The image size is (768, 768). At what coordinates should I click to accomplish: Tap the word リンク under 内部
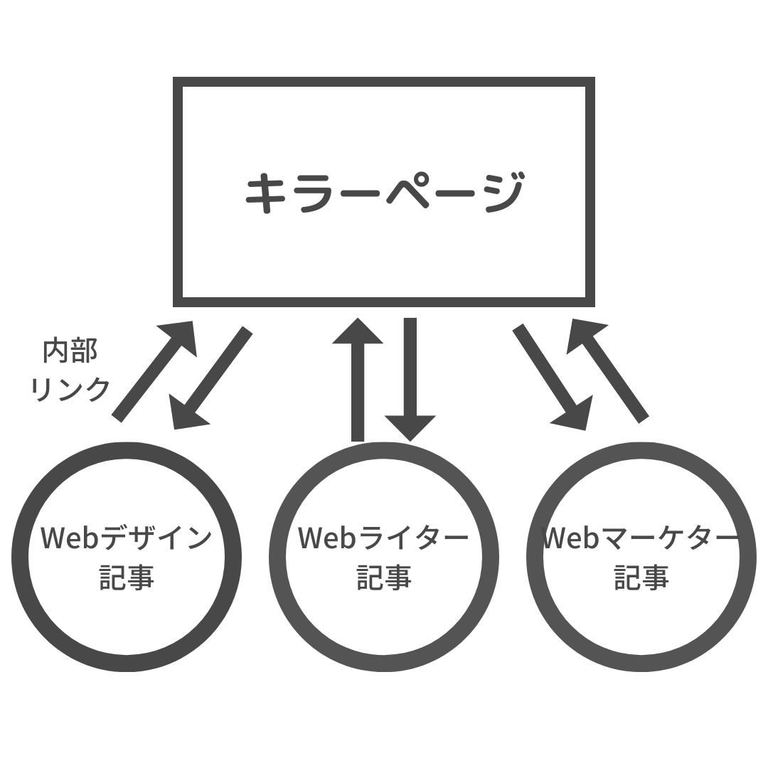click(70, 388)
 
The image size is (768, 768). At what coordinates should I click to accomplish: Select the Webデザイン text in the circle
click(126, 538)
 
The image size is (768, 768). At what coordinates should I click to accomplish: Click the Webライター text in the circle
click(383, 538)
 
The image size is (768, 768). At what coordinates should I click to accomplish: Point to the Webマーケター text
click(641, 538)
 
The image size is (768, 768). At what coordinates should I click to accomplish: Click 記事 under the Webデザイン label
click(126, 577)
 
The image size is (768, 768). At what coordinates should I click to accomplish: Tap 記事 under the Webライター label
click(383, 577)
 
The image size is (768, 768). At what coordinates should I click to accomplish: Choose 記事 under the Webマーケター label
click(641, 577)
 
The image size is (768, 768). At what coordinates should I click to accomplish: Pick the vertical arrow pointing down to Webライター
click(410, 377)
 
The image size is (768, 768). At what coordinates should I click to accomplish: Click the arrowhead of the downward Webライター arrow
click(410, 426)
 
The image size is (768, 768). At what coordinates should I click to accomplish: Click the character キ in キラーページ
click(265, 193)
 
